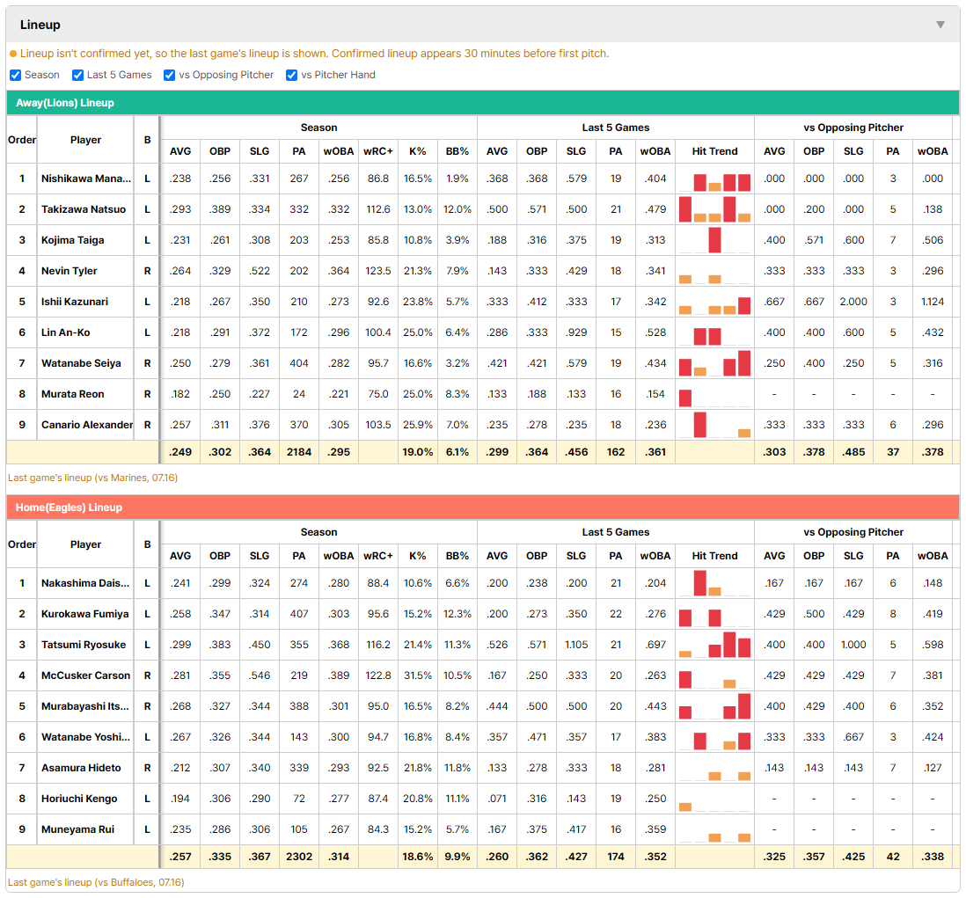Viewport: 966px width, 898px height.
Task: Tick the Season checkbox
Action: coord(16,75)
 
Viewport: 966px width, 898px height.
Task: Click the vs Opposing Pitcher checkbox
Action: coord(170,75)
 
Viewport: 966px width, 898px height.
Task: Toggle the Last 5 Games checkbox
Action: coord(77,75)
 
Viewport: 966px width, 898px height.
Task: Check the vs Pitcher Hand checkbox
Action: coord(291,75)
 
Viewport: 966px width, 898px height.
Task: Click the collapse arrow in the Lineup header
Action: coord(940,25)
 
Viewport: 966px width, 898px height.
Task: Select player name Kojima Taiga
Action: coord(73,240)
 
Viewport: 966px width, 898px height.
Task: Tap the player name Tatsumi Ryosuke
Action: coord(84,645)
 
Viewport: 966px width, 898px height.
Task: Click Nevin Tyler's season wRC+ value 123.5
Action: coord(378,271)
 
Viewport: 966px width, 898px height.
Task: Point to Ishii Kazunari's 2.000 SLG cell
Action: coord(853,302)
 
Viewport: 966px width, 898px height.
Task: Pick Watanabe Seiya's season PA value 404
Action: coord(299,363)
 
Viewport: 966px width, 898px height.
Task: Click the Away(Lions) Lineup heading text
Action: coord(65,103)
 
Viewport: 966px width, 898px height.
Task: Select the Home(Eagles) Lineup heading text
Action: coord(69,507)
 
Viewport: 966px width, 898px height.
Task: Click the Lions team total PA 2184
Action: coord(299,452)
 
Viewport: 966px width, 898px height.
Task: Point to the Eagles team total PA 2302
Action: coord(299,857)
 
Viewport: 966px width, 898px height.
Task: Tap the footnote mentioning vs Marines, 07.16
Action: coord(92,478)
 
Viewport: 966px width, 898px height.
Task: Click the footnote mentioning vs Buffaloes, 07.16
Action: coord(96,882)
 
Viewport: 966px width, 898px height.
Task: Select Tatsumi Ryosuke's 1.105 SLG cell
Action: coord(576,645)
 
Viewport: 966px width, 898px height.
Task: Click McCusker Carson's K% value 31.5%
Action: coord(418,675)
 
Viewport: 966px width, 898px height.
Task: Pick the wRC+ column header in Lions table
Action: coord(378,151)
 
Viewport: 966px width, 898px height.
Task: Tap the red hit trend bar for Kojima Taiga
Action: coord(714,240)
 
